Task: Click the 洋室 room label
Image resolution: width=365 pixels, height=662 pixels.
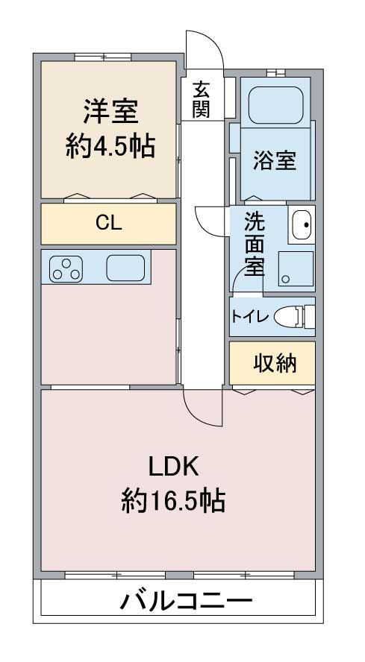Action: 110,110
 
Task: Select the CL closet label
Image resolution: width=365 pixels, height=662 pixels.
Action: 108,223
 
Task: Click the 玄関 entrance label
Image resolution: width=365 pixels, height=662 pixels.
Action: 201,99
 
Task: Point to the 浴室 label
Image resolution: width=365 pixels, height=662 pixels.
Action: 275,160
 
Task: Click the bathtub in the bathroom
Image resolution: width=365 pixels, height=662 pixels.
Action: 275,105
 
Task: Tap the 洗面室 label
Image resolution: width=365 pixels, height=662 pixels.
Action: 255,244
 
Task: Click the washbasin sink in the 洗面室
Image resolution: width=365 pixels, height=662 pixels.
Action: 301,224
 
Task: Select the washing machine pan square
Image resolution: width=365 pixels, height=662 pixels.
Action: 296,269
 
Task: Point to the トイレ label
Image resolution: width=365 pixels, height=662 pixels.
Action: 249,317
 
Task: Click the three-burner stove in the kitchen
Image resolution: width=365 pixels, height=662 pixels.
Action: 66,269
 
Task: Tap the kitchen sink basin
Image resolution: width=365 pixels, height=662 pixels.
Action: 125,268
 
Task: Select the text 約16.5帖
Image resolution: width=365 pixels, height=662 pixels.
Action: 173,500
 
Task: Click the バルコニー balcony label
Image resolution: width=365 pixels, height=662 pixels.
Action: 186,600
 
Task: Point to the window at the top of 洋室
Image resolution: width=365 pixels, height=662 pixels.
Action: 103,57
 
